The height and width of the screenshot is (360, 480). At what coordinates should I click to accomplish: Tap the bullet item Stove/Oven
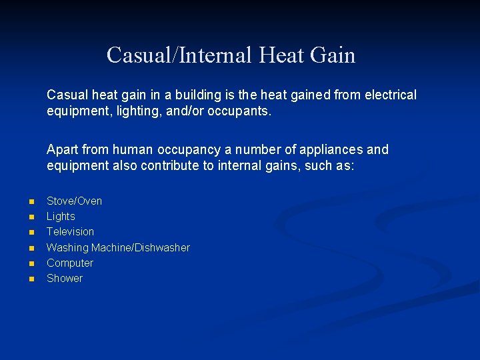click(x=74, y=201)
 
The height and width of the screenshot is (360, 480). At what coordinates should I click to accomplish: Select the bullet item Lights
click(x=61, y=216)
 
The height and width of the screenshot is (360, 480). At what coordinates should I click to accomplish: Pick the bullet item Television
click(x=70, y=231)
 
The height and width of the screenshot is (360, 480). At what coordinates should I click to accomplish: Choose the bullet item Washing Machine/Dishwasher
click(x=118, y=247)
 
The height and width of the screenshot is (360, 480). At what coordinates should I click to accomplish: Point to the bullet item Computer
click(x=69, y=263)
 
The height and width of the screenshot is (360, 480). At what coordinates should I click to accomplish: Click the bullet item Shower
click(x=65, y=278)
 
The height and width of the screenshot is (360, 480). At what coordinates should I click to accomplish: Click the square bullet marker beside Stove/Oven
click(x=30, y=201)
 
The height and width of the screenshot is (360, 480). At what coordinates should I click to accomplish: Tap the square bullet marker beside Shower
click(x=30, y=279)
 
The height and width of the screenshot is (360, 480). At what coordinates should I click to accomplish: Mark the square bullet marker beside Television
click(x=30, y=232)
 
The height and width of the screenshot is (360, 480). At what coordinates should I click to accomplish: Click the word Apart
click(x=62, y=149)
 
